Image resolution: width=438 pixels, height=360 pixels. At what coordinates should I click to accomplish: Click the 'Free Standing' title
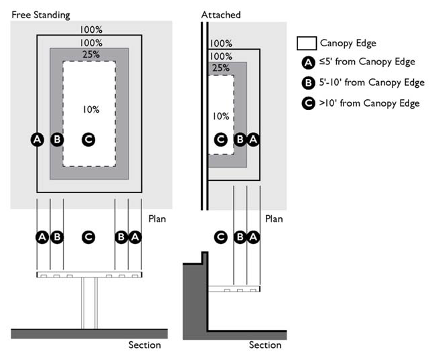tap(41, 15)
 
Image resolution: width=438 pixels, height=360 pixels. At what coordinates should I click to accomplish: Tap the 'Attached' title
tap(220, 15)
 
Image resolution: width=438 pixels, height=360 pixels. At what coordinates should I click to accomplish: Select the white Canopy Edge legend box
tap(306, 44)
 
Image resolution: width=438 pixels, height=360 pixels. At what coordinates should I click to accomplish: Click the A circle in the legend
tap(307, 63)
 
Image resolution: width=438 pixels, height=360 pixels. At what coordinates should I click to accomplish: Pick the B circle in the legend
tap(307, 83)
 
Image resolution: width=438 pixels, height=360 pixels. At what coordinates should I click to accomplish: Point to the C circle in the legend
tap(307, 103)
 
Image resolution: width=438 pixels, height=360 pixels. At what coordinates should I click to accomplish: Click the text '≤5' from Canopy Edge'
tap(367, 62)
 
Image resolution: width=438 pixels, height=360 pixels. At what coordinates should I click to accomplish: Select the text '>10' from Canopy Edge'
tap(369, 103)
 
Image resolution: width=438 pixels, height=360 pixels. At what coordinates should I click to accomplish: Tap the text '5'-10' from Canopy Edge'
tap(372, 82)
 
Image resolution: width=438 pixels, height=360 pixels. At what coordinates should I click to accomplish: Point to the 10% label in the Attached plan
tap(221, 116)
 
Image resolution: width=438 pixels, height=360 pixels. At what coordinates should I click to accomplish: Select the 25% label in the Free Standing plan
tap(92, 54)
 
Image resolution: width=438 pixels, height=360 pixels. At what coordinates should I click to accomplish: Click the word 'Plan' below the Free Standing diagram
tap(157, 219)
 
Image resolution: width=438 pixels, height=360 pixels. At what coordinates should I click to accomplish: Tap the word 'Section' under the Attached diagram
tap(265, 345)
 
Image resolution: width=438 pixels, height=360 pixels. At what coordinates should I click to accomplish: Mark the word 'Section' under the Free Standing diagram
tap(145, 345)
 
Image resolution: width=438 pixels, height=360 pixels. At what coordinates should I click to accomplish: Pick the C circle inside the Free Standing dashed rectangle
tap(88, 139)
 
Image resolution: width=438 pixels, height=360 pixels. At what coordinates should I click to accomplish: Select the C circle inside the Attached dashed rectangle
tap(220, 139)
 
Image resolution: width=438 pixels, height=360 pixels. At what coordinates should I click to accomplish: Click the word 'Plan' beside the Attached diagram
tap(274, 219)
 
